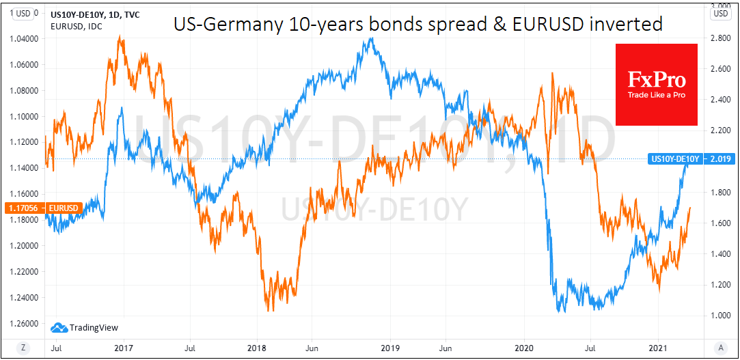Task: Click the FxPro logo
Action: [656, 84]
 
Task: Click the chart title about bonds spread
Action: [417, 25]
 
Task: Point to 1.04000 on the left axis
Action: [23, 38]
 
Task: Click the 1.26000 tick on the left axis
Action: [23, 323]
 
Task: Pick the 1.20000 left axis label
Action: [23, 245]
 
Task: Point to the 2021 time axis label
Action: [657, 347]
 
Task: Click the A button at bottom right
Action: [720, 347]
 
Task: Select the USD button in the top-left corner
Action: [23, 13]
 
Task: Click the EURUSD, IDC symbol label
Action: [70, 25]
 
